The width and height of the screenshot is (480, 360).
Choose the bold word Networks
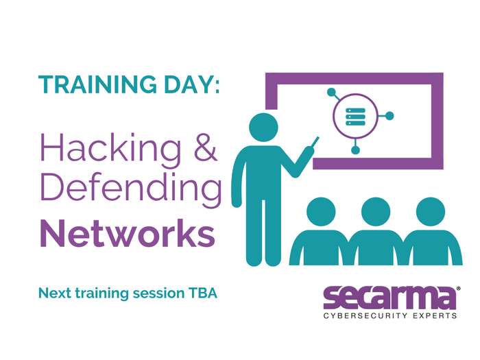[x=128, y=233]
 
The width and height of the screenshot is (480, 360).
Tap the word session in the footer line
[x=158, y=293]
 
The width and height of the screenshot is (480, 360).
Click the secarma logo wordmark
[x=390, y=298]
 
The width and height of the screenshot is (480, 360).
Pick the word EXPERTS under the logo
[x=435, y=315]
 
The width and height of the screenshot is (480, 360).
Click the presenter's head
[x=263, y=128]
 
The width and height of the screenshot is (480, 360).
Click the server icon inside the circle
[x=355, y=117]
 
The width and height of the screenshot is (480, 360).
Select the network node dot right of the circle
[x=389, y=116]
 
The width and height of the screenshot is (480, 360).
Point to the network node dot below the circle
[x=355, y=150]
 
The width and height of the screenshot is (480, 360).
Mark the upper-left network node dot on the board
[x=331, y=92]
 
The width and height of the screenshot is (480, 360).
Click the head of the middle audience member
[x=376, y=212]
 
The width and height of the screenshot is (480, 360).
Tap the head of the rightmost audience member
[x=431, y=212]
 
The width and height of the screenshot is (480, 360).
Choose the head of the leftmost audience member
[x=321, y=212]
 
